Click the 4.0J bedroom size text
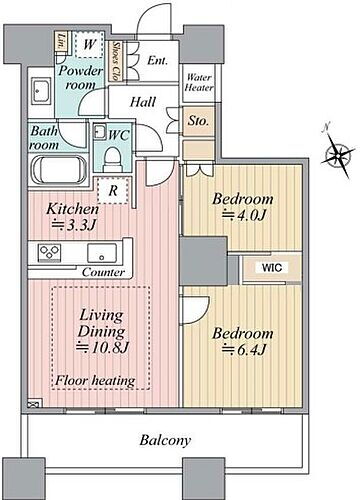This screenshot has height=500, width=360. point(241,216)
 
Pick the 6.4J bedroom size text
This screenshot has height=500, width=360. point(241,350)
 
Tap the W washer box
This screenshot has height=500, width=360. point(90,45)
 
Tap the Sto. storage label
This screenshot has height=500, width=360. point(198,122)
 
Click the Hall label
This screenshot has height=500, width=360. point(144,102)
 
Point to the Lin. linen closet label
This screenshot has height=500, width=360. point(62,43)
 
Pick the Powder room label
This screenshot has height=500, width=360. point(78,77)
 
